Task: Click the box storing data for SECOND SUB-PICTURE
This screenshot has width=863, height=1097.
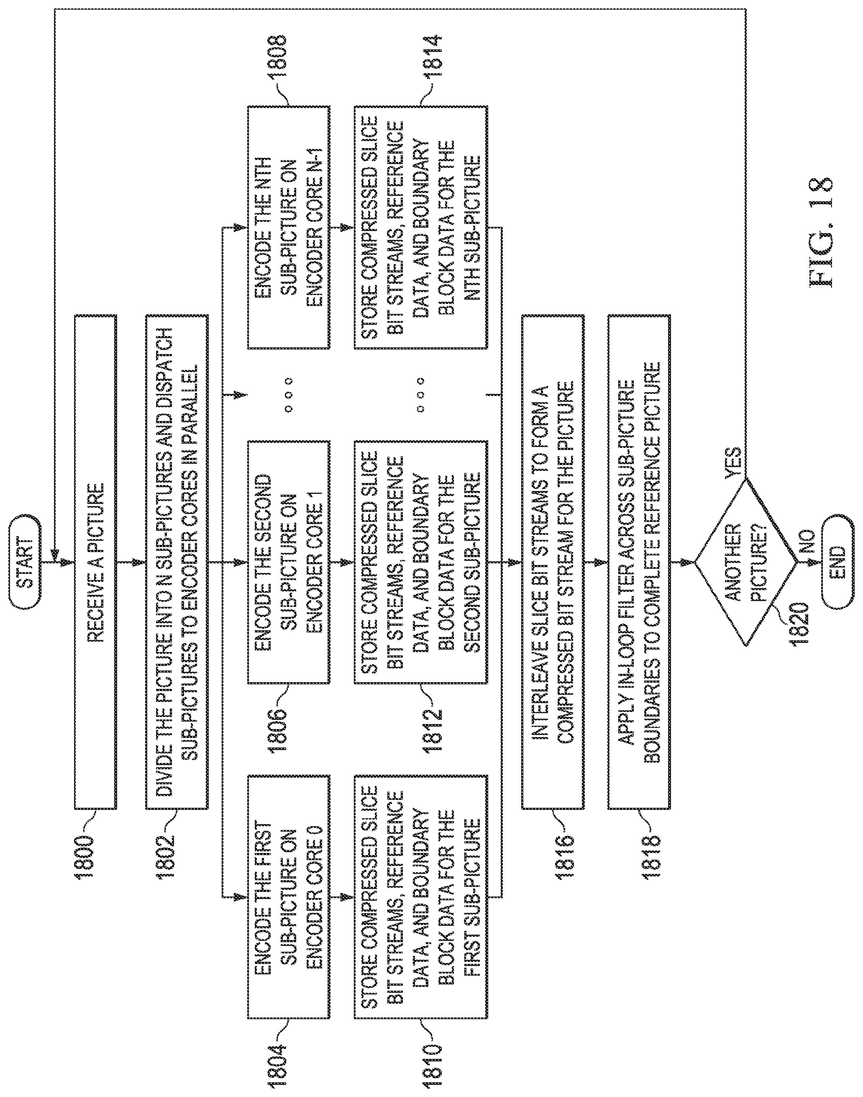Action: pos(420,562)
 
